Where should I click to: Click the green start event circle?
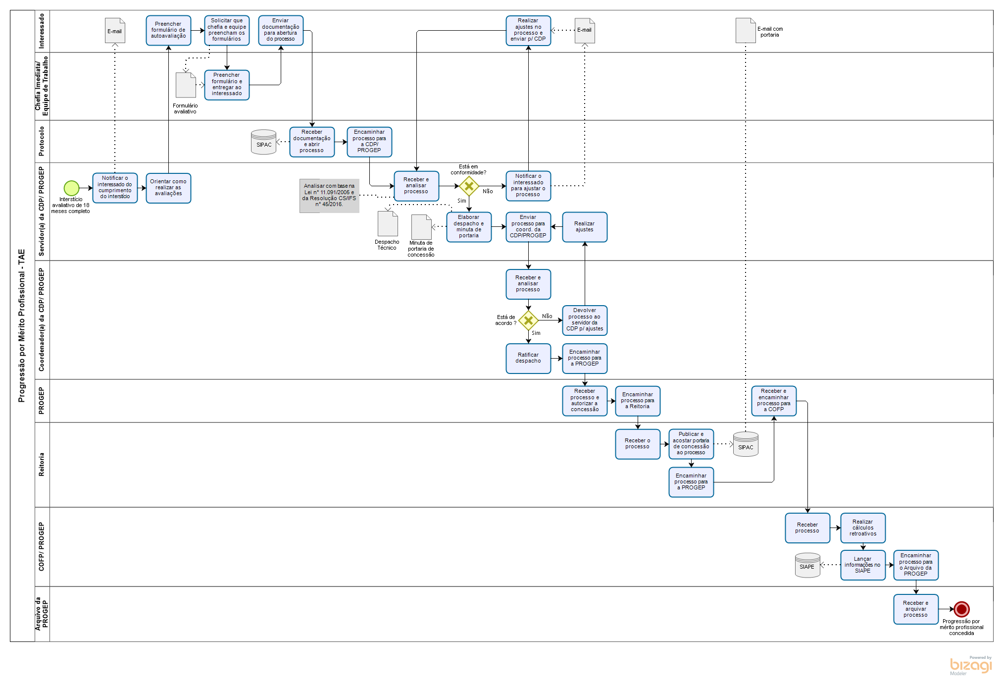point(71,188)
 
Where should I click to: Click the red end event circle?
point(961,609)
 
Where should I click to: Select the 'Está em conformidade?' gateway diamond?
point(469,186)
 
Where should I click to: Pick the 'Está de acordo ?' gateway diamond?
point(528,320)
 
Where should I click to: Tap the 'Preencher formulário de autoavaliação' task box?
point(168,30)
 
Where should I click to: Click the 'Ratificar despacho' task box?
point(528,358)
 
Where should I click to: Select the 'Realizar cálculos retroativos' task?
point(862,528)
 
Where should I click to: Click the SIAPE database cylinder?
point(807,565)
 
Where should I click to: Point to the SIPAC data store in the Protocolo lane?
point(263,142)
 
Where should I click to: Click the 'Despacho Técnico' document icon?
point(388,224)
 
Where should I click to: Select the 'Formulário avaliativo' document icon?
point(186,85)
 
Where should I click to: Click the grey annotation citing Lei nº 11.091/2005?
point(329,195)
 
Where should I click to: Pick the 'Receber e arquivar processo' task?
point(916,609)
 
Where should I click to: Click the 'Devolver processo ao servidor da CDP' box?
point(585,320)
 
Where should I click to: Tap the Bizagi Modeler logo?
point(970,665)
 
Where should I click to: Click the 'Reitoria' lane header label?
point(42,465)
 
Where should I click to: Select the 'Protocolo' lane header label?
point(42,141)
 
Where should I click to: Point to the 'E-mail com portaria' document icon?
point(746,31)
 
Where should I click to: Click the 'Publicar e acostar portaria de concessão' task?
point(691,443)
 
